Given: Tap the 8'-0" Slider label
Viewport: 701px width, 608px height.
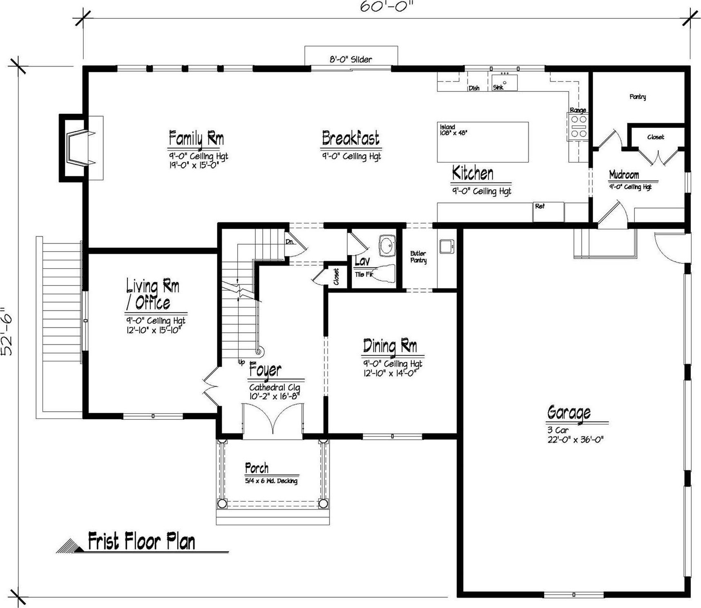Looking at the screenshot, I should point(351,60).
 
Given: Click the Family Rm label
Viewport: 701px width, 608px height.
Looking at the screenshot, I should point(196,138).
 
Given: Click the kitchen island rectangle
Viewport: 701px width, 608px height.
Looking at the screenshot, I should point(483,142).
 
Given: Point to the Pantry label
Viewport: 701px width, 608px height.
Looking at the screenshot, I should point(638,97).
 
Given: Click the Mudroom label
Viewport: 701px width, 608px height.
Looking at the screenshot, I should point(624,175).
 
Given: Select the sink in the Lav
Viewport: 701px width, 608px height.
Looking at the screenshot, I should point(386,245).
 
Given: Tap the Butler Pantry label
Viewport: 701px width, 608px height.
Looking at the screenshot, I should point(418,257).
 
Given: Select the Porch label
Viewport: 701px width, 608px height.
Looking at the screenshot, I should point(257,468).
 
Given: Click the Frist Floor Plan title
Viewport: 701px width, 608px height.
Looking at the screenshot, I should point(141,541).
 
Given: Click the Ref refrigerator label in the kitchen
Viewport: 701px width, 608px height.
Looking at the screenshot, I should point(540,207).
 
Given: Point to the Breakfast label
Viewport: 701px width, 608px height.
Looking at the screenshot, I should point(350,138).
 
